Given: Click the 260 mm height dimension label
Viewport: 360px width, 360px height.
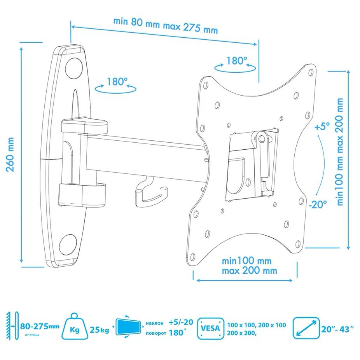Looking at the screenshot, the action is pos(10,154).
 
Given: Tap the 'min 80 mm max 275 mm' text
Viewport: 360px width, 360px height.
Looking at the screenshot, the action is pos(166,26).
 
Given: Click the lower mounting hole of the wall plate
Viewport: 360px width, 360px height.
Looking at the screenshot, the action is pos(68,245).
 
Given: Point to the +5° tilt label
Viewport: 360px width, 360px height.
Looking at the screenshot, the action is pos(322,126).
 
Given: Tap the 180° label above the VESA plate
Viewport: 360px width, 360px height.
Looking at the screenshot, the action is pos(237,61).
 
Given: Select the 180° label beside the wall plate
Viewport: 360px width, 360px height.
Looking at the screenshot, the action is pos(117,82).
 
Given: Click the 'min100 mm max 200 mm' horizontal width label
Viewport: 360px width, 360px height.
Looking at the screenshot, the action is pos(249,266).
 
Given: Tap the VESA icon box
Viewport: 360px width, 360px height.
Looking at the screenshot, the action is pos(211,329).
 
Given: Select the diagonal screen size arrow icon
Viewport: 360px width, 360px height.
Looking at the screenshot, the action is pos(306,329).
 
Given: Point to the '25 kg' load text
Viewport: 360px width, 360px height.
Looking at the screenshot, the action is pos(99,330).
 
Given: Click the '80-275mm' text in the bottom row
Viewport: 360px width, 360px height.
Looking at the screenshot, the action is pos(40,326).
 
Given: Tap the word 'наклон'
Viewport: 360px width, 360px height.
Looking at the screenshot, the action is pos(155,323).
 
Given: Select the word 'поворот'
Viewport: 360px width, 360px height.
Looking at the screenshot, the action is pos(156,333).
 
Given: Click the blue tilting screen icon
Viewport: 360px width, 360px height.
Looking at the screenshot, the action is pos(128,327).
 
